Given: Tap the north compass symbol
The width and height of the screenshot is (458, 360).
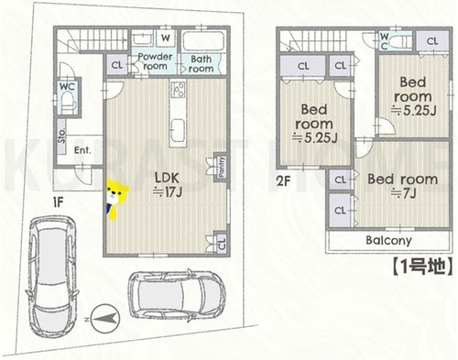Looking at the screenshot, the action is point(105,319).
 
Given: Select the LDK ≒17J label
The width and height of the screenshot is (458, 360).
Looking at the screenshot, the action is point(167,184).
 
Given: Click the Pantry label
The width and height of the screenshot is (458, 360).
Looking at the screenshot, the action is point(222,167).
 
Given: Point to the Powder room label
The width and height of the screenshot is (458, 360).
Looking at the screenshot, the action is point(155,61).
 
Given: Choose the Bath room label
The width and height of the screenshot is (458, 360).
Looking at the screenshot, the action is point(201,64).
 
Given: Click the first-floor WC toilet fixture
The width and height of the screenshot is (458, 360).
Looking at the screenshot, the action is point(69,104).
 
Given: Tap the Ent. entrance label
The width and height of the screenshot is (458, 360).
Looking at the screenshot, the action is point(82,150).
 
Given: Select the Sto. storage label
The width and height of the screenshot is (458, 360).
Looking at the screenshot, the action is point(62,136).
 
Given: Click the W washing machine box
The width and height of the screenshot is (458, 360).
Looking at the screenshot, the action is point(166,38).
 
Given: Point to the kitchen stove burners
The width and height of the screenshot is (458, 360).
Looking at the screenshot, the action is point(178,89).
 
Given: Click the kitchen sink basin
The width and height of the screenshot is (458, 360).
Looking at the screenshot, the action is point(178,129).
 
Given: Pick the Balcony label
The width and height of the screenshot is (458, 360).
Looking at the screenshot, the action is point(388,241).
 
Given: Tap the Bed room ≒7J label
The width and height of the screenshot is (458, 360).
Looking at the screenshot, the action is point(403,186).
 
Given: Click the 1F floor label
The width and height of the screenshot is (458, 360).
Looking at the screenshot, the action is point(59,202).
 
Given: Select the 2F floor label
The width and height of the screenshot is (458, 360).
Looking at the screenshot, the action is point(284,181).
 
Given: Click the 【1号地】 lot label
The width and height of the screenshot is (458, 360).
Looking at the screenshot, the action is point(421,267).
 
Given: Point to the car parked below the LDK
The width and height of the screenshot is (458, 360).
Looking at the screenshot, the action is point(177,295).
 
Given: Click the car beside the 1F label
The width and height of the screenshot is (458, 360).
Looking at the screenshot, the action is point(52,277).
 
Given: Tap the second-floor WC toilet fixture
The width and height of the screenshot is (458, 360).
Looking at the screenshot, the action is point(400,40).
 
